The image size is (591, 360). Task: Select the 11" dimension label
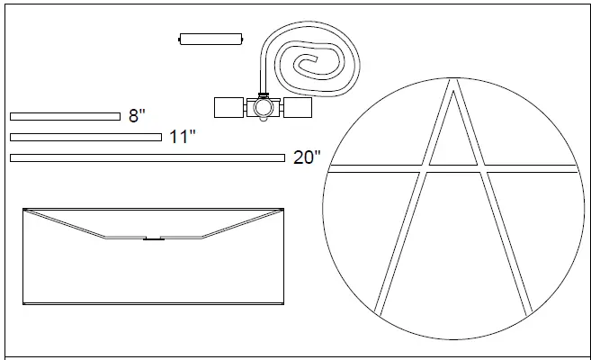point(183,137)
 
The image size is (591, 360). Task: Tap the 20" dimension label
point(307,157)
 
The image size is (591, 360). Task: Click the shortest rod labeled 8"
point(65,116)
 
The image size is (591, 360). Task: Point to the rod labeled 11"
point(85,137)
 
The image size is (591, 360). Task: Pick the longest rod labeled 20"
point(148,157)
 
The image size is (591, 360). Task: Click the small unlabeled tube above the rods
point(211,39)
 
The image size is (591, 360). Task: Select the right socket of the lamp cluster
point(297,107)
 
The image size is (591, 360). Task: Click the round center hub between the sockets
point(263,108)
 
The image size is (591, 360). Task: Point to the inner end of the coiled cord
point(306,63)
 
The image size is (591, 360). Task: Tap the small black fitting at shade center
point(153,239)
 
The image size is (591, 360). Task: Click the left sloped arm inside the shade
point(63,223)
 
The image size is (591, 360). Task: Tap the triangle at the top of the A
point(453,135)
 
